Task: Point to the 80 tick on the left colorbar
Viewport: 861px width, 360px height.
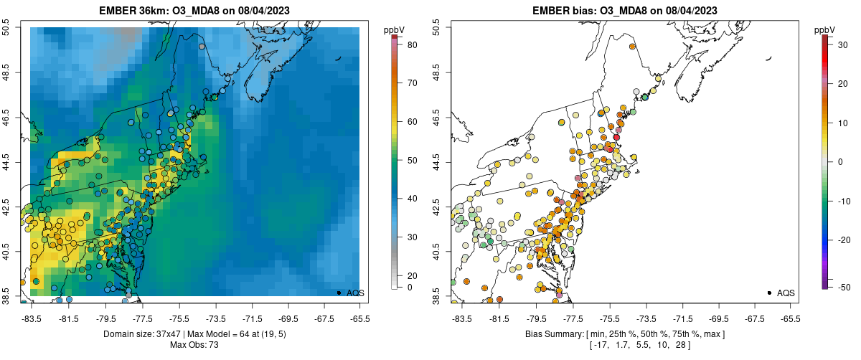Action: (x=413, y=44)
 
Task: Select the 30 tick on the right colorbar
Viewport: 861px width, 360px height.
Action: (x=839, y=44)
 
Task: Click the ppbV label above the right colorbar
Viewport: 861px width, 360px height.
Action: (x=825, y=29)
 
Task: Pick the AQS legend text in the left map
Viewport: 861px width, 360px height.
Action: (x=356, y=293)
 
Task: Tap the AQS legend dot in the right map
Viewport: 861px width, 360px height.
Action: (x=768, y=293)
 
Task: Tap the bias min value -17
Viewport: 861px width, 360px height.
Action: (x=596, y=345)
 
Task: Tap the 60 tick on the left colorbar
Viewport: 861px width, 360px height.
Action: (x=413, y=122)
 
